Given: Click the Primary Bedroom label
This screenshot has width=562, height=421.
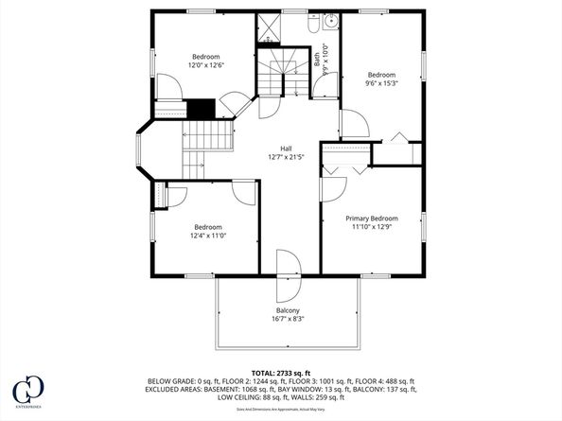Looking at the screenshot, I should point(371,218).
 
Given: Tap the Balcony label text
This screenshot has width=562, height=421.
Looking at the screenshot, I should point(288,311).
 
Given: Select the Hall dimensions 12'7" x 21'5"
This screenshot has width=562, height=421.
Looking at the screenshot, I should point(285,158).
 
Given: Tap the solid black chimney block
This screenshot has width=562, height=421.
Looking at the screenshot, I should point(201,109).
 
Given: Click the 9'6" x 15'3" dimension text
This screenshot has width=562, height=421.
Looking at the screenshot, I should point(381,83).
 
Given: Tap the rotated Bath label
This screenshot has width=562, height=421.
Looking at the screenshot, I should point(318,60).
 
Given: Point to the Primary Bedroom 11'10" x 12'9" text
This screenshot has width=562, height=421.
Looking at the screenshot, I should point(371,227).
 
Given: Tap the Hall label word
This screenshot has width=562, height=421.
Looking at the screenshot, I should point(285,149).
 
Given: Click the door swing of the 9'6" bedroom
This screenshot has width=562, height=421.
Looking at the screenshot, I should point(352,125).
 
